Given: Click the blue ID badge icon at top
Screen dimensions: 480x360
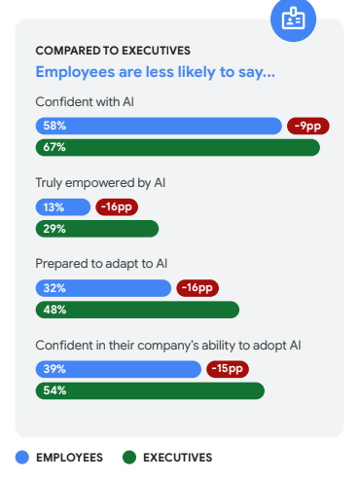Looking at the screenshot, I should point(293,18).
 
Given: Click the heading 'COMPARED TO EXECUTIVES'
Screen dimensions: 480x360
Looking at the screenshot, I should point(113,51).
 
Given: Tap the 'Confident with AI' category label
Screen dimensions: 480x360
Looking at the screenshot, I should point(84,102).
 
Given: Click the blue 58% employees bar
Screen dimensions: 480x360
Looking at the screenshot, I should point(159,126).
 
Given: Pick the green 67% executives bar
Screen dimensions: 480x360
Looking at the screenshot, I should point(177,147).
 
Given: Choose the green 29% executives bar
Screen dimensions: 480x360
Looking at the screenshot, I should point(96,229).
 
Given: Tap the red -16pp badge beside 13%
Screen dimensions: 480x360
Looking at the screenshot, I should point(116,206).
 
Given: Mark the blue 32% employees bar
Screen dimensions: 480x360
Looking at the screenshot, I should point(103,287).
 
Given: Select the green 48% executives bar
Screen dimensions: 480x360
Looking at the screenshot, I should point(137,310).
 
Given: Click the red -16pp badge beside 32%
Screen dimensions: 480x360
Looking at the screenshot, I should point(198,287).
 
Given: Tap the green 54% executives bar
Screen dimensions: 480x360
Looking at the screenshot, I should point(150,390).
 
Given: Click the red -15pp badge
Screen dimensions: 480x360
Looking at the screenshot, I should point(227,368).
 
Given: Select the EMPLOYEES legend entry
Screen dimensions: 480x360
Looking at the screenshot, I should point(60,457).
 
